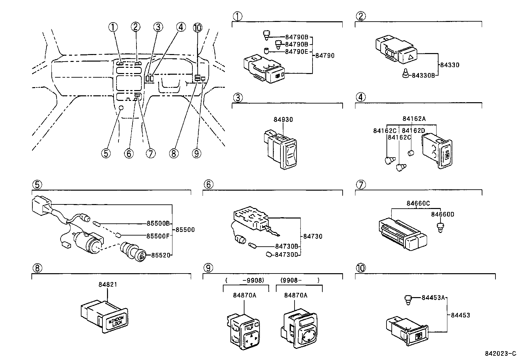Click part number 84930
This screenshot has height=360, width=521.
[x=283, y=120]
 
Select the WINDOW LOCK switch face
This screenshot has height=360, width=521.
[x=116, y=321]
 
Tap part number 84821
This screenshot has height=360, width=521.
[x=108, y=284]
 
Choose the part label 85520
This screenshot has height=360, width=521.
[x=161, y=255]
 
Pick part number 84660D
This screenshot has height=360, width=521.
[x=442, y=214]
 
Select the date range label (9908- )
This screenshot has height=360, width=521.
[x=300, y=280]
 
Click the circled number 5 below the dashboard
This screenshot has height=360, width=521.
[x=106, y=153]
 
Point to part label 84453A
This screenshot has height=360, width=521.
[x=433, y=297]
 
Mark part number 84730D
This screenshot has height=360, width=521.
[x=286, y=255]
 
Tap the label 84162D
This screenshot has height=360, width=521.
[x=413, y=131]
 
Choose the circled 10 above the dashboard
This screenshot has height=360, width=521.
[x=197, y=28]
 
